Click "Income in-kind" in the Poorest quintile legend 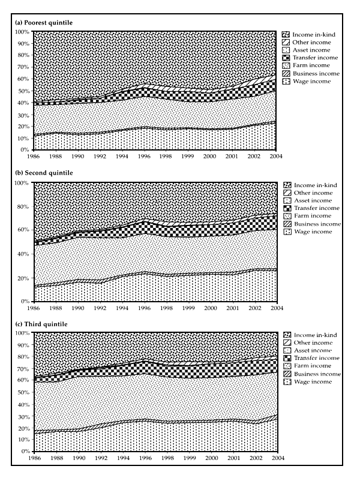click(311, 34)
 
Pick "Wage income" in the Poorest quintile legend click(309, 81)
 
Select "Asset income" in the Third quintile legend click(310, 350)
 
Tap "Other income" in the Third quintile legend click(310, 342)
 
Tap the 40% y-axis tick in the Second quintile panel click(22, 254)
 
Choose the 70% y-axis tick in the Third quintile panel click(22, 368)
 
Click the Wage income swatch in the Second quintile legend click(285, 232)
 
